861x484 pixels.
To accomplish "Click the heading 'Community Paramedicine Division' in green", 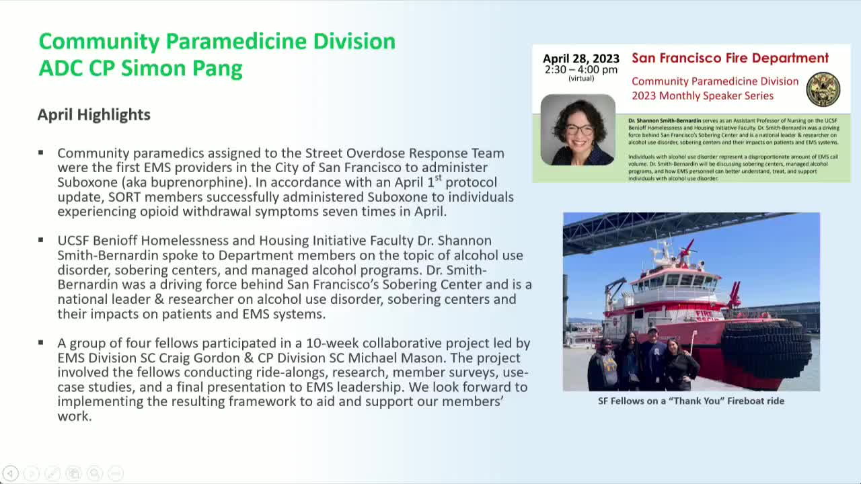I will (x=217, y=42).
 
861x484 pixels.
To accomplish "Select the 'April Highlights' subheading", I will (x=93, y=115).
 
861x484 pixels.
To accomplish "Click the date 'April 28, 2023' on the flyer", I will (x=581, y=58).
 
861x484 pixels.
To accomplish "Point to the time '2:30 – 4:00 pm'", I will (x=581, y=69).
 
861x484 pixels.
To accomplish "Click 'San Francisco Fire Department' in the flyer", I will (x=730, y=58).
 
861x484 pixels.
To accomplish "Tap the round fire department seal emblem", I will (x=823, y=89).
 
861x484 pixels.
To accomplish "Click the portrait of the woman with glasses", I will (x=578, y=130).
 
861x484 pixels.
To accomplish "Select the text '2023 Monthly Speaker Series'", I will (x=702, y=95).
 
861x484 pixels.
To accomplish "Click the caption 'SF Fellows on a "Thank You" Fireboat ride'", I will (x=691, y=401).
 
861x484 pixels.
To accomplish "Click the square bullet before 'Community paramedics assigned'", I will (x=41, y=153).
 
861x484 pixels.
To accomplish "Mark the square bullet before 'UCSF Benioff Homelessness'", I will (x=41, y=240).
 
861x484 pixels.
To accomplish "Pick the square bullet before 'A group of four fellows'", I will (x=41, y=342).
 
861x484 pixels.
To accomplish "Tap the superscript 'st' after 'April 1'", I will (x=438, y=178).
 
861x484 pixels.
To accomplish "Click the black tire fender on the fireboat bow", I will (x=767, y=346).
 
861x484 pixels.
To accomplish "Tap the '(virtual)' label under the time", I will (x=581, y=79).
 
